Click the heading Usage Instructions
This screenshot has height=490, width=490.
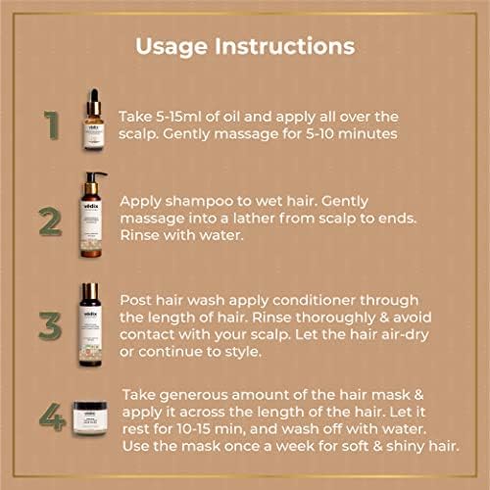click(x=245, y=45)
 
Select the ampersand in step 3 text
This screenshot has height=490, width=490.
click(x=391, y=317)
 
